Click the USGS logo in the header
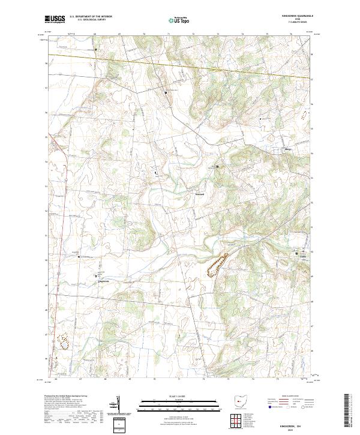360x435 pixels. [56, 20]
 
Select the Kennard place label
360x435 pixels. [200, 194]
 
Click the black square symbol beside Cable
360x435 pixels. [296, 253]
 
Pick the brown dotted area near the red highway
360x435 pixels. [63, 341]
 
